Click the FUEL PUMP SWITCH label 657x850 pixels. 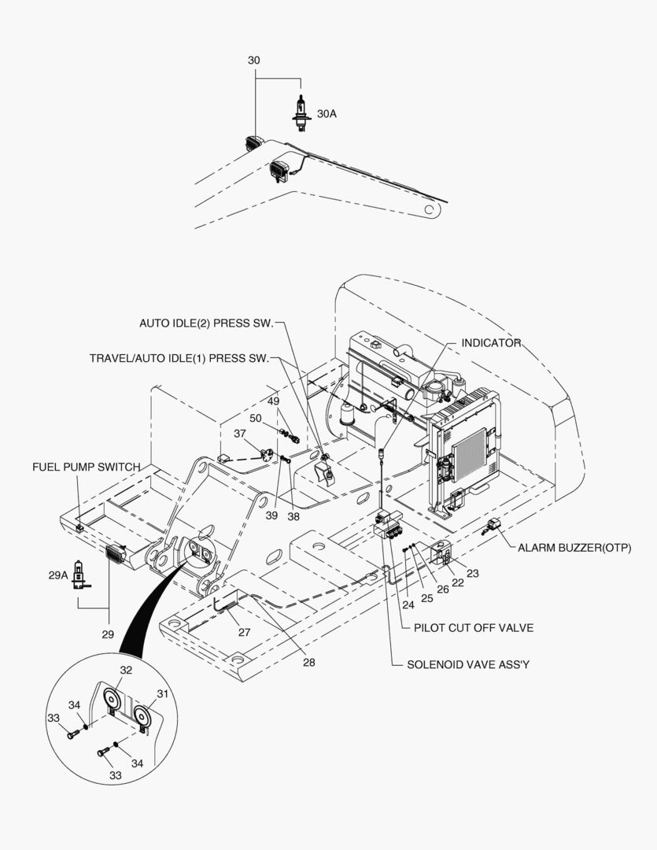point(87,467)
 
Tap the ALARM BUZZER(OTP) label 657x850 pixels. point(574,547)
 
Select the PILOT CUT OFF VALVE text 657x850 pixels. point(474,627)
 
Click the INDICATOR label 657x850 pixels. point(491,343)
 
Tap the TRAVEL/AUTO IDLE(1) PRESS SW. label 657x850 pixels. point(179,357)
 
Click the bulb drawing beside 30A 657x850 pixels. point(300,112)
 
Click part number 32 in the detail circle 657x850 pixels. point(126,671)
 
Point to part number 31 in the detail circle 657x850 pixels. point(163,693)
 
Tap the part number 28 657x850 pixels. point(309,662)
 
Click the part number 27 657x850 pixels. point(245,631)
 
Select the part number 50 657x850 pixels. point(256,417)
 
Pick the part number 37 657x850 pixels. point(239,434)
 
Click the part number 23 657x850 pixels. point(473,574)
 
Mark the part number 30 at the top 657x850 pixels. point(254,61)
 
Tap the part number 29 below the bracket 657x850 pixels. point(109,634)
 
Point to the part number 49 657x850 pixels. point(274,401)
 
